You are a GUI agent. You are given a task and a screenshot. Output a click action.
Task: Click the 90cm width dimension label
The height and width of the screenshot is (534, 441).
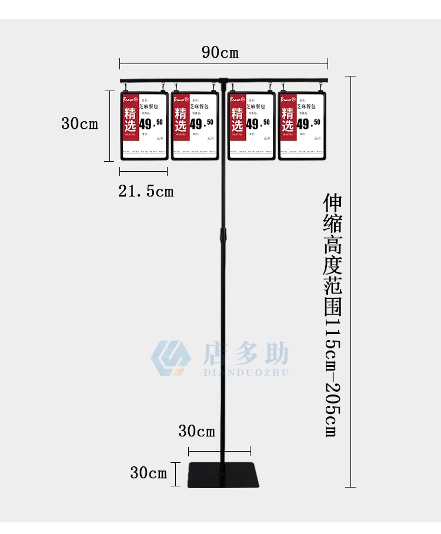(x=220, y=52)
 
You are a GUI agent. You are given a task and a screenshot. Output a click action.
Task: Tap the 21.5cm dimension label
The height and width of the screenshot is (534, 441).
(x=146, y=191)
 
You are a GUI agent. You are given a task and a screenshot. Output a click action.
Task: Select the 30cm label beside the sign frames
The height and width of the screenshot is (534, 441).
(x=79, y=124)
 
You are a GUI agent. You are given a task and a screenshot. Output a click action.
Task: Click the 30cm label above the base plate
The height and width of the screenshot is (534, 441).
(x=196, y=431)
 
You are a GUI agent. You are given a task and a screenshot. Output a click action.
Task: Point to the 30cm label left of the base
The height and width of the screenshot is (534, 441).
(x=149, y=472)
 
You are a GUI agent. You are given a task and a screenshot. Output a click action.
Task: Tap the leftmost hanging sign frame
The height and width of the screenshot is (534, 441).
(x=144, y=125)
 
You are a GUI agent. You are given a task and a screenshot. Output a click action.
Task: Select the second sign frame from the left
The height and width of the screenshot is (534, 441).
(x=195, y=125)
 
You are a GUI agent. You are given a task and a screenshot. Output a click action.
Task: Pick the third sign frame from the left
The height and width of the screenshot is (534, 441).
(x=251, y=125)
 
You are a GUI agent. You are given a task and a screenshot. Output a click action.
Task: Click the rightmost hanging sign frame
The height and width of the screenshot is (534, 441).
(x=302, y=125)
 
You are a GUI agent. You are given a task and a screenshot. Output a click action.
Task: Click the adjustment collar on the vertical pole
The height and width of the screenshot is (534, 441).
(x=223, y=236)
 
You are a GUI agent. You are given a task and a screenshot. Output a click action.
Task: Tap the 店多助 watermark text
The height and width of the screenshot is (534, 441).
(x=246, y=354)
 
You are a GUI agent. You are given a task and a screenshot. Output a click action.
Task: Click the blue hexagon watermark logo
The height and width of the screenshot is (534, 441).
(x=171, y=358)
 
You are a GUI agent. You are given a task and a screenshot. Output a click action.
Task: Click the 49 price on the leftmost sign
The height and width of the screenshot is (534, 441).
(x=145, y=124)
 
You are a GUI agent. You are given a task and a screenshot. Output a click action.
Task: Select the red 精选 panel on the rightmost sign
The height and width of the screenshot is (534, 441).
(x=288, y=117)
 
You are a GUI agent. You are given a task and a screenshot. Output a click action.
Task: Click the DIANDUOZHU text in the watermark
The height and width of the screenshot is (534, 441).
(x=246, y=372)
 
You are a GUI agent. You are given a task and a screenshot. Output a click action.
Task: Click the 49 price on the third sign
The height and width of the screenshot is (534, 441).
(x=252, y=124)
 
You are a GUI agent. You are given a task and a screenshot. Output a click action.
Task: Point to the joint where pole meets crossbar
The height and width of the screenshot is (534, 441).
(x=223, y=81)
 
